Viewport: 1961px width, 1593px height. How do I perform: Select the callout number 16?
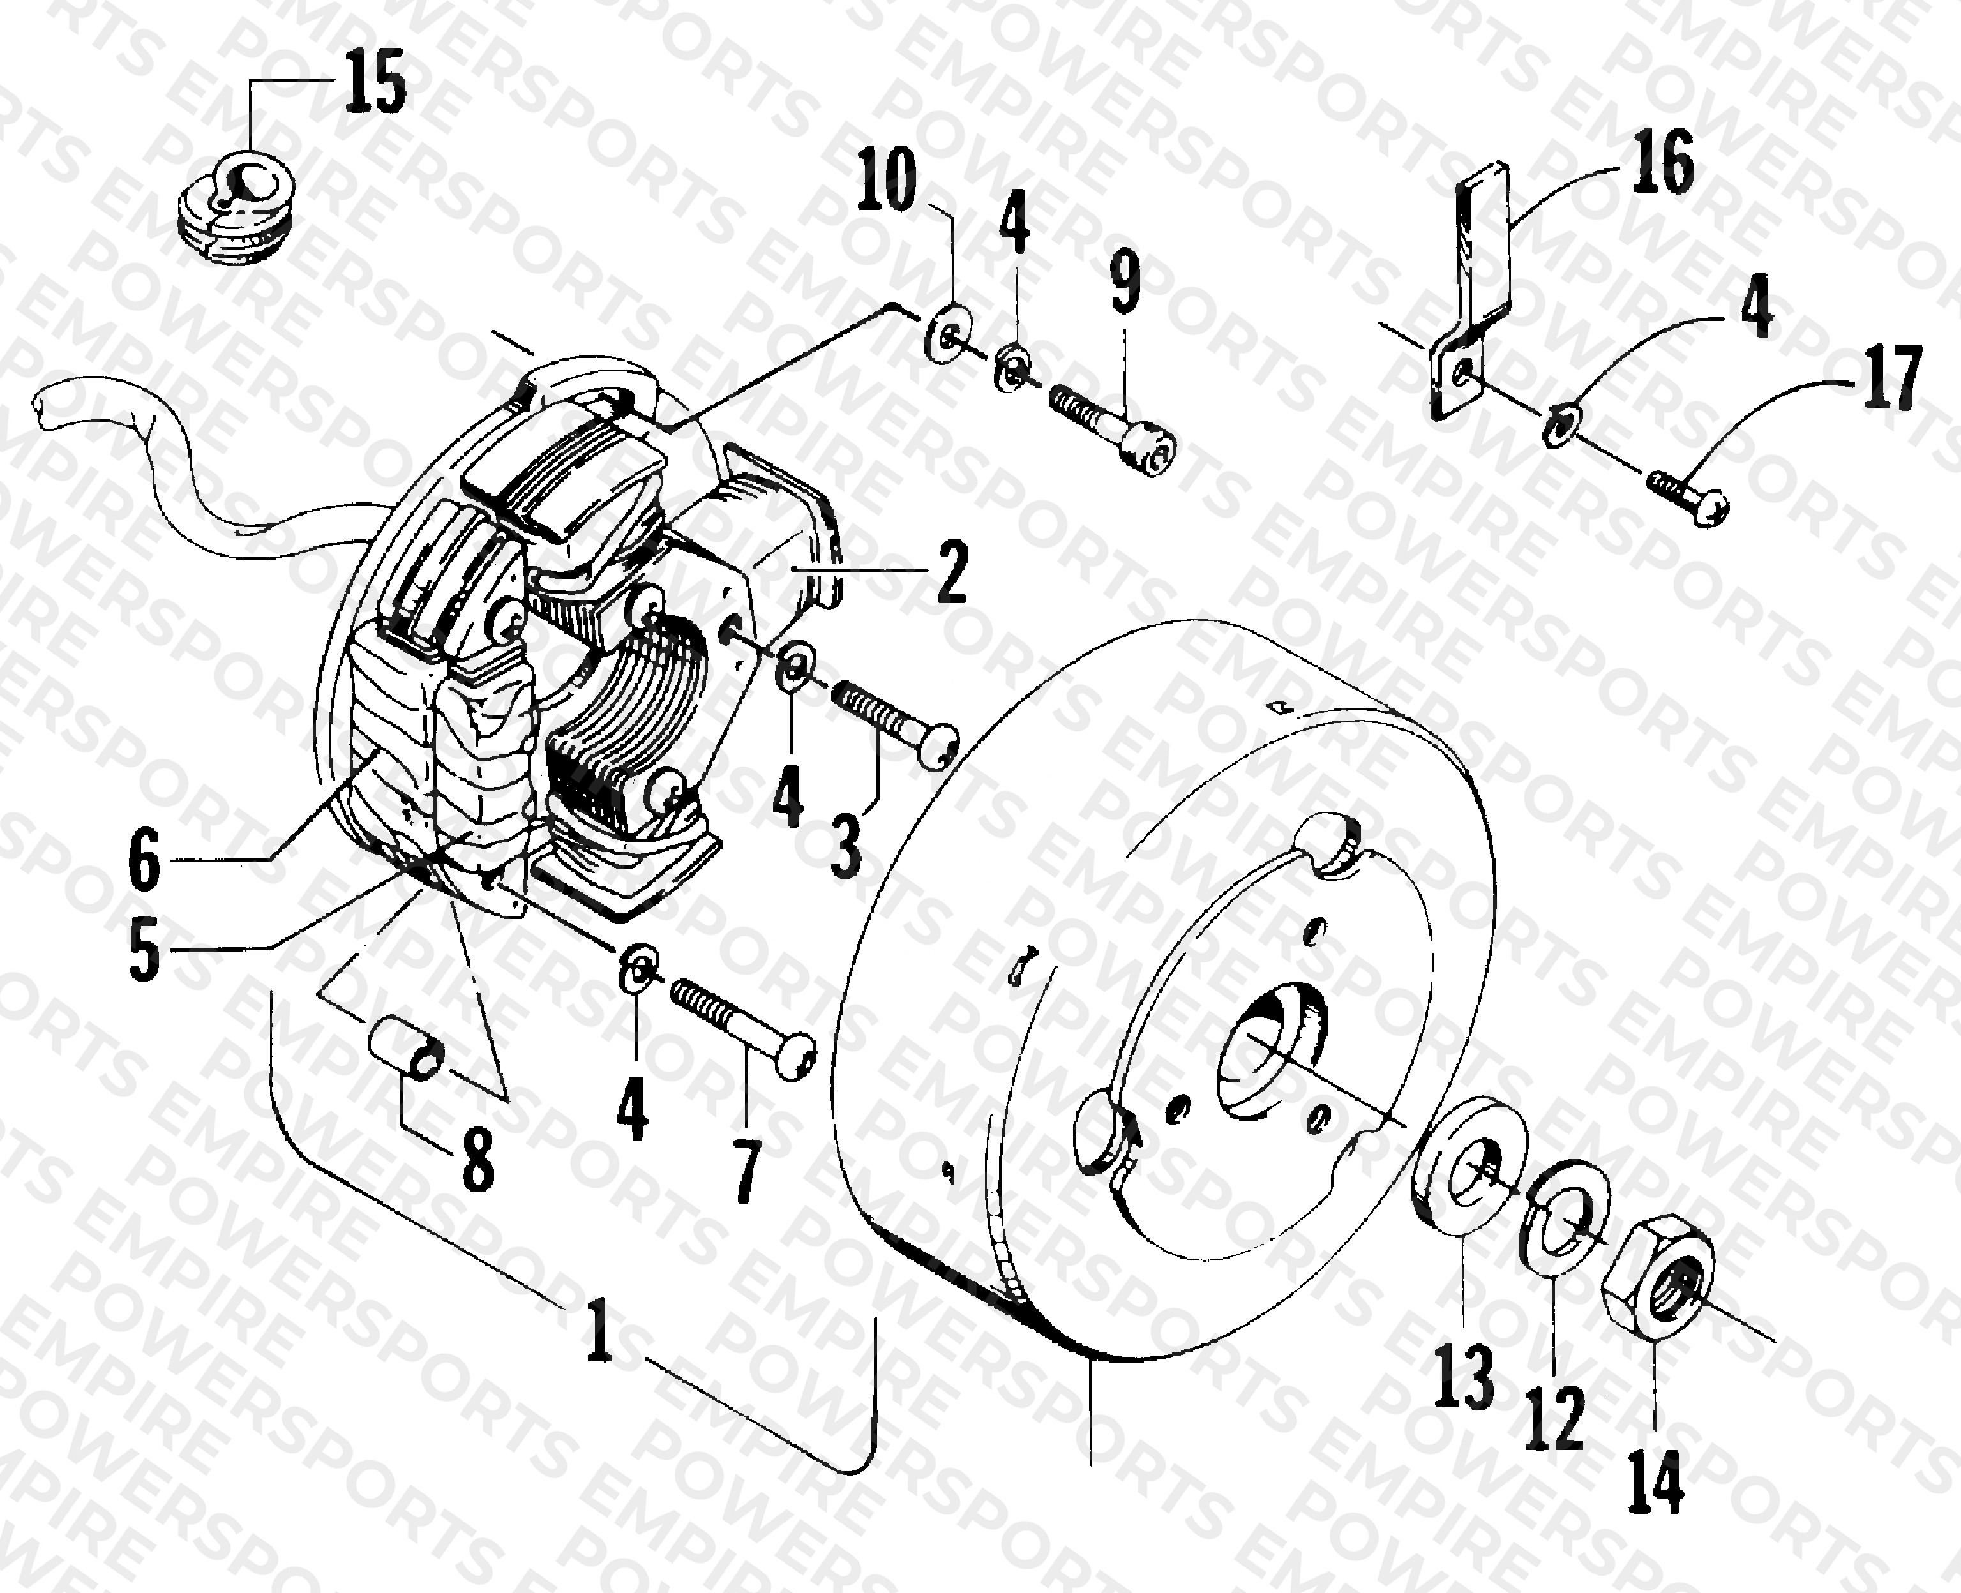(x=1663, y=161)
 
